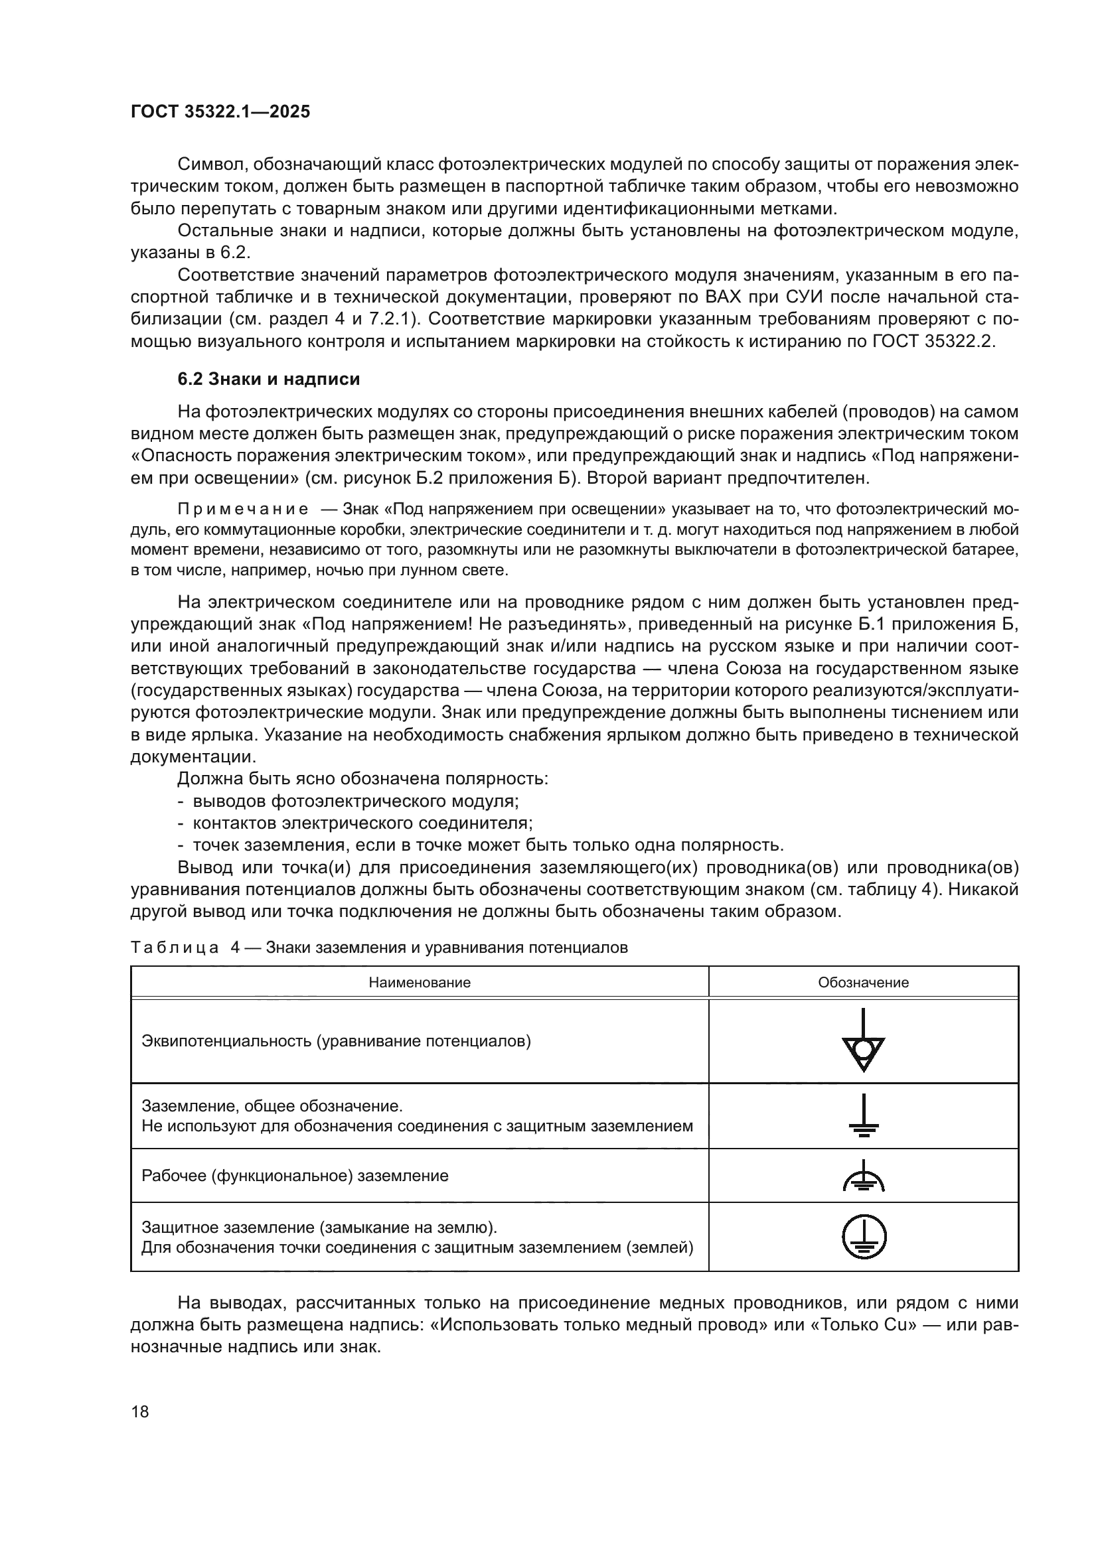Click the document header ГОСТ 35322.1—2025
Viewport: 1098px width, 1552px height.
pos(220,111)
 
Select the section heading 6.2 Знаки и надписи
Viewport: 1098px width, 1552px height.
pos(268,380)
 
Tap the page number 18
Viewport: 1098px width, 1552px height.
pos(140,1411)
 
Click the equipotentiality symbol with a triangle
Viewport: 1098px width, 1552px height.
pos(864,1040)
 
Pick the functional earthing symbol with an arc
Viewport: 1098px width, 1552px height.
pos(864,1177)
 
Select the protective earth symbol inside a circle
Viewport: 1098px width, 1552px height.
pos(864,1237)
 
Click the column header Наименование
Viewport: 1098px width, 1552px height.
pos(419,982)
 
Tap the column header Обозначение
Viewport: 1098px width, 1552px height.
pos(864,982)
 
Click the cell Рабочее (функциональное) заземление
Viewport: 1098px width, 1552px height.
pos(295,1176)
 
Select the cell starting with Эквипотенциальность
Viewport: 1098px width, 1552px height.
pos(336,1040)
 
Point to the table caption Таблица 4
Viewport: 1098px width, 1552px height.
pos(175,947)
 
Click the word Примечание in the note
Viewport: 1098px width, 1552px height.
pos(243,509)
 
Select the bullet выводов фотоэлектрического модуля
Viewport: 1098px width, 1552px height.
pos(356,801)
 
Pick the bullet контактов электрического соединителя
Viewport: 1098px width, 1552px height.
pos(362,823)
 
